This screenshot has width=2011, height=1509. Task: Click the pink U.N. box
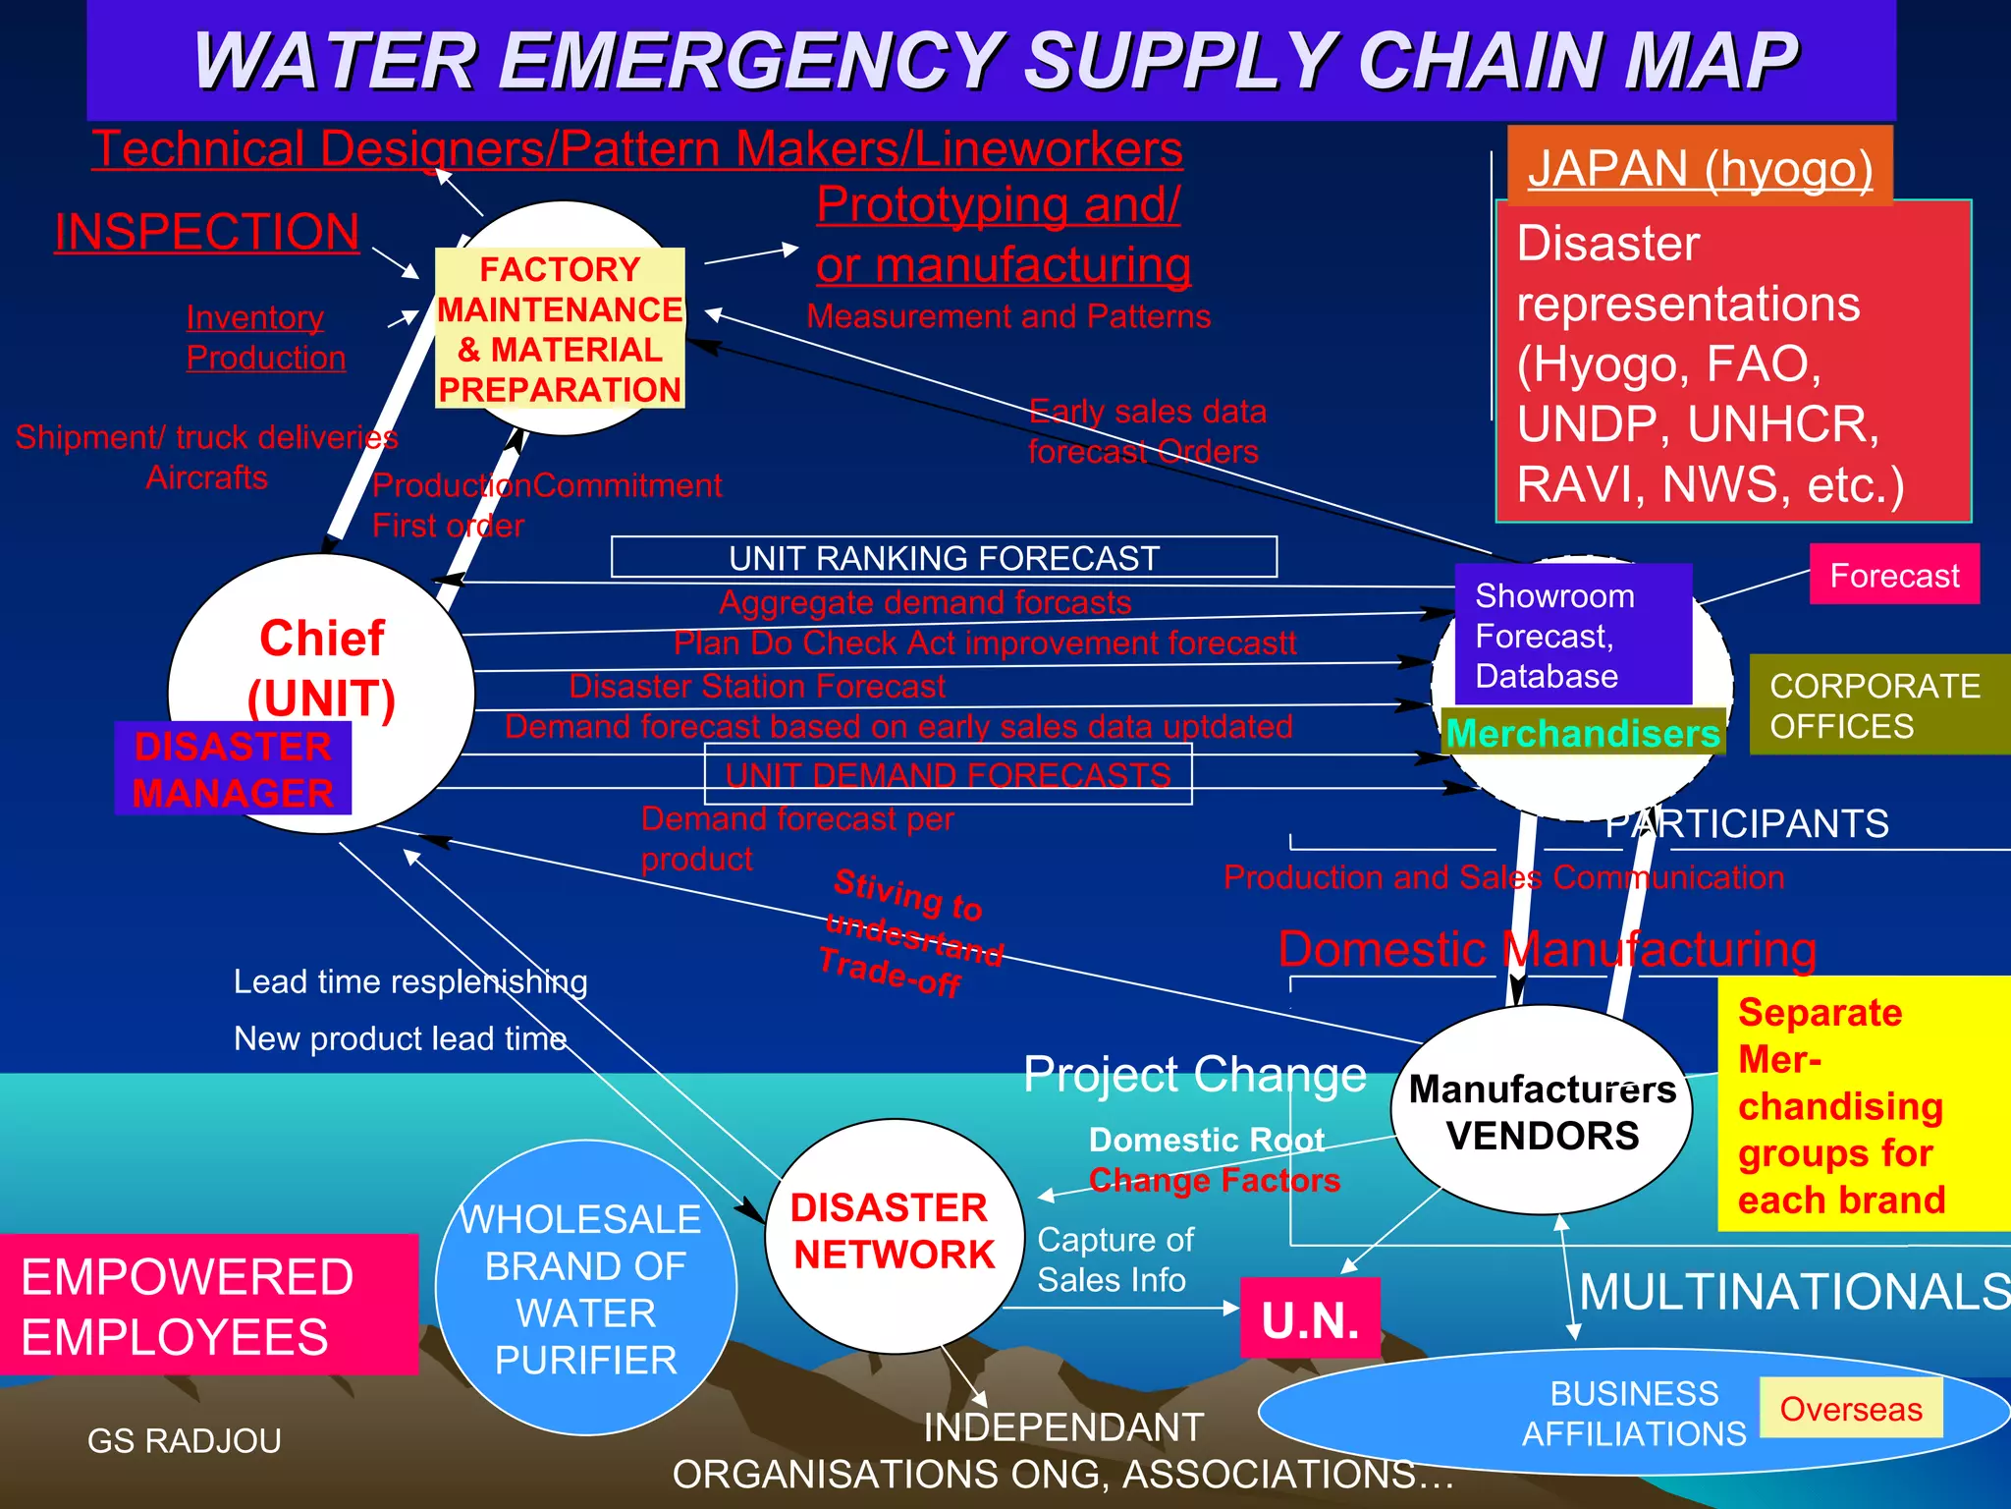pyautogui.click(x=1310, y=1318)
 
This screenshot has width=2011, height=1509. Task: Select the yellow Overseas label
pyautogui.click(x=1851, y=1408)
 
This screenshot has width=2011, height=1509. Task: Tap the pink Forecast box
pyautogui.click(x=1894, y=575)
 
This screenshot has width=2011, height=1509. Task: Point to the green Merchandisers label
pyautogui.click(x=1583, y=733)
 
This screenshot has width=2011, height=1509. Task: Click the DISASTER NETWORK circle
pyautogui.click(x=893, y=1232)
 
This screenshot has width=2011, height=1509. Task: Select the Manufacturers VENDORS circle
pyautogui.click(x=1542, y=1111)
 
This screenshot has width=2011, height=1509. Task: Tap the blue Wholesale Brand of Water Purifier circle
pyautogui.click(x=585, y=1287)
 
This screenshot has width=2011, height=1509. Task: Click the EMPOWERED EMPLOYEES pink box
pyautogui.click(x=208, y=1305)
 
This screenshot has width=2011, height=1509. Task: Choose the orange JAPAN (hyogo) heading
pyautogui.click(x=1700, y=167)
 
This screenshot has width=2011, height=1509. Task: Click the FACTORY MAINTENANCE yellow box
pyautogui.click(x=560, y=328)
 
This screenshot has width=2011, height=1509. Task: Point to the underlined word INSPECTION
pyautogui.click(x=207, y=232)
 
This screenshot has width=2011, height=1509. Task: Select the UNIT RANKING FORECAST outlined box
pyautogui.click(x=944, y=557)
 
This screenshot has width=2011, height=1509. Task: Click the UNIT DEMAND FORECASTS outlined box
pyautogui.click(x=948, y=774)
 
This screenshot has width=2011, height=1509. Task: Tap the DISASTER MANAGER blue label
pyautogui.click(x=233, y=769)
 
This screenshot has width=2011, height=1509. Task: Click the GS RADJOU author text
pyautogui.click(x=185, y=1440)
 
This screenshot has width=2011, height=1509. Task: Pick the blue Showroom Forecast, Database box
pyautogui.click(x=1572, y=635)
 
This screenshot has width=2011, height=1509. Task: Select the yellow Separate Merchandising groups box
pyautogui.click(x=1862, y=1104)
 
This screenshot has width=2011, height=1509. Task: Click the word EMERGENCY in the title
pyautogui.click(x=751, y=61)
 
